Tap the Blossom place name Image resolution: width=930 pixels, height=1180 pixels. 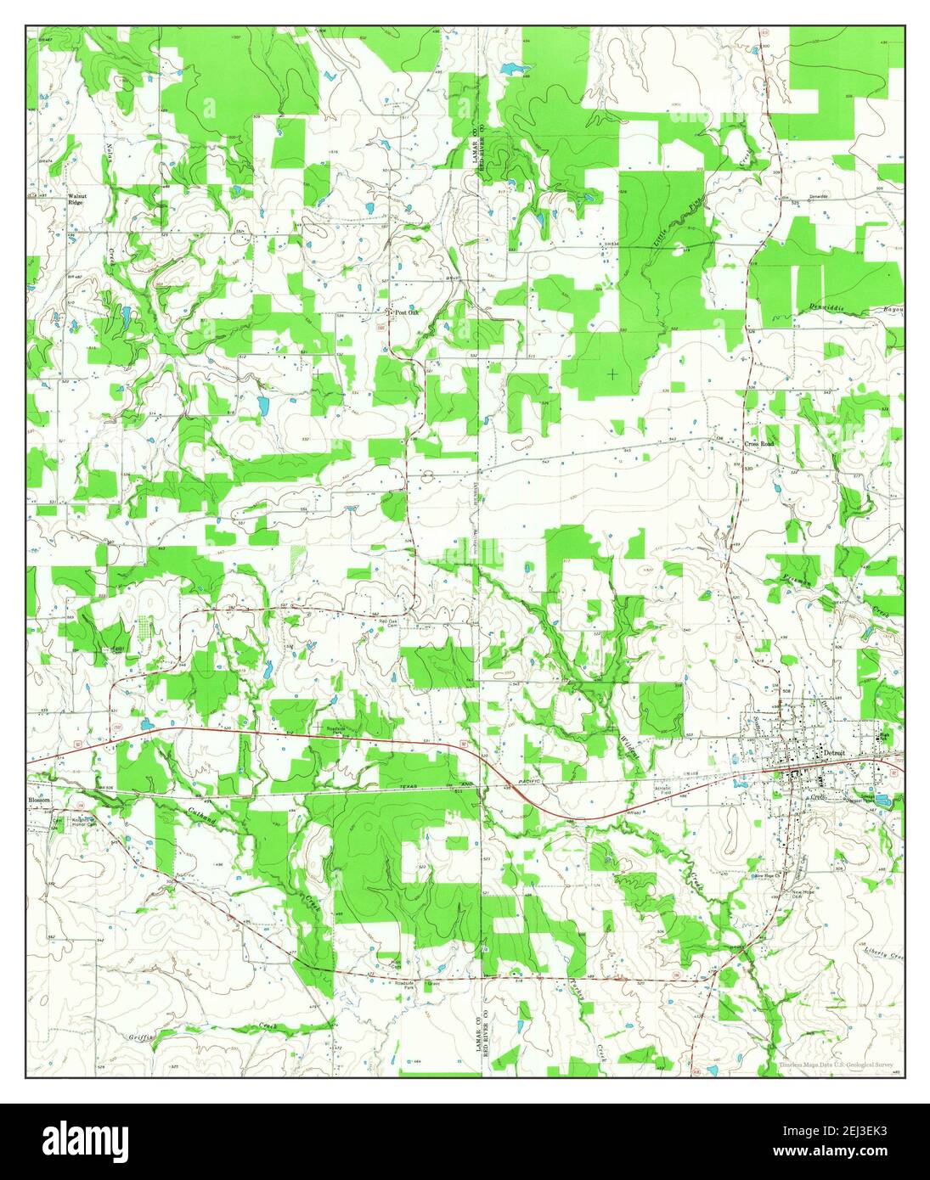pos(40,800)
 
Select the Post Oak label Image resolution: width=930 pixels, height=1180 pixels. pos(407,312)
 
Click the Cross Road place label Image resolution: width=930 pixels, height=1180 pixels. pos(760,443)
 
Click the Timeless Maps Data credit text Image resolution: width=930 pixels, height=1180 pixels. pos(841,1064)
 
